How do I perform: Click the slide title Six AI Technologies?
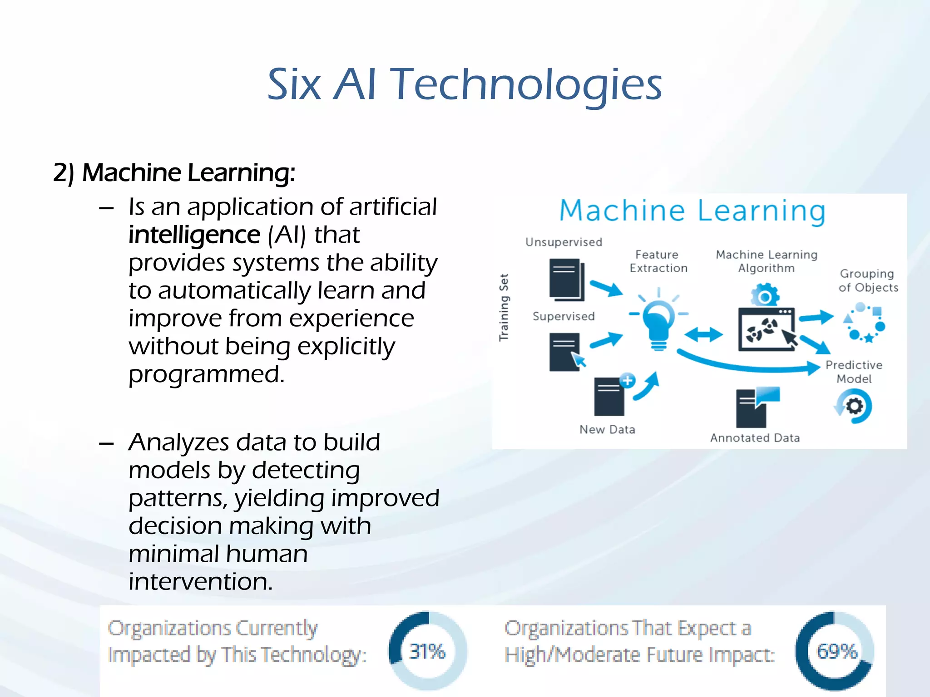pos(465,84)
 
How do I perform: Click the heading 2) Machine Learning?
pos(174,173)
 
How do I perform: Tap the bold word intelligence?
pos(194,235)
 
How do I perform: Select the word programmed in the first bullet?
pos(207,374)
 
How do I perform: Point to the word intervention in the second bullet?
pos(201,582)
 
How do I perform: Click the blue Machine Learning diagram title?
pos(692,211)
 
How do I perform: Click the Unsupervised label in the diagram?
pos(564,242)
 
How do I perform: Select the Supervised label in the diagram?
pos(564,316)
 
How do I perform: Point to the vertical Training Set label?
pos(504,307)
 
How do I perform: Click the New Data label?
pos(607,430)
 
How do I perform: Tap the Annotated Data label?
pos(755,438)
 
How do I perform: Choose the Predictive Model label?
pos(854,372)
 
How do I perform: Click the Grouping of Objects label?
pos(868,280)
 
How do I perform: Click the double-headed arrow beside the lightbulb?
pos(703,335)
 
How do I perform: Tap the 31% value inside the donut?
pos(427,652)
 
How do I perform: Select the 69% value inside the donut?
pos(837,652)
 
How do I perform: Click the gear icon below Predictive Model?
pos(854,406)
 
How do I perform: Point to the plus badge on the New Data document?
pos(627,380)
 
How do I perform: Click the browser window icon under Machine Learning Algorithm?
pos(767,329)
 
